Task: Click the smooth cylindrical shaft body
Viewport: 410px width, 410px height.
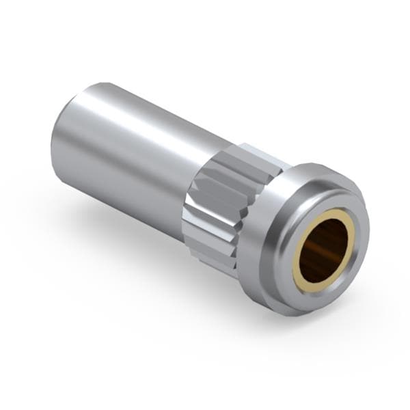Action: click(x=137, y=157)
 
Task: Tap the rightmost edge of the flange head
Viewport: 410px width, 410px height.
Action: click(x=369, y=232)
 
